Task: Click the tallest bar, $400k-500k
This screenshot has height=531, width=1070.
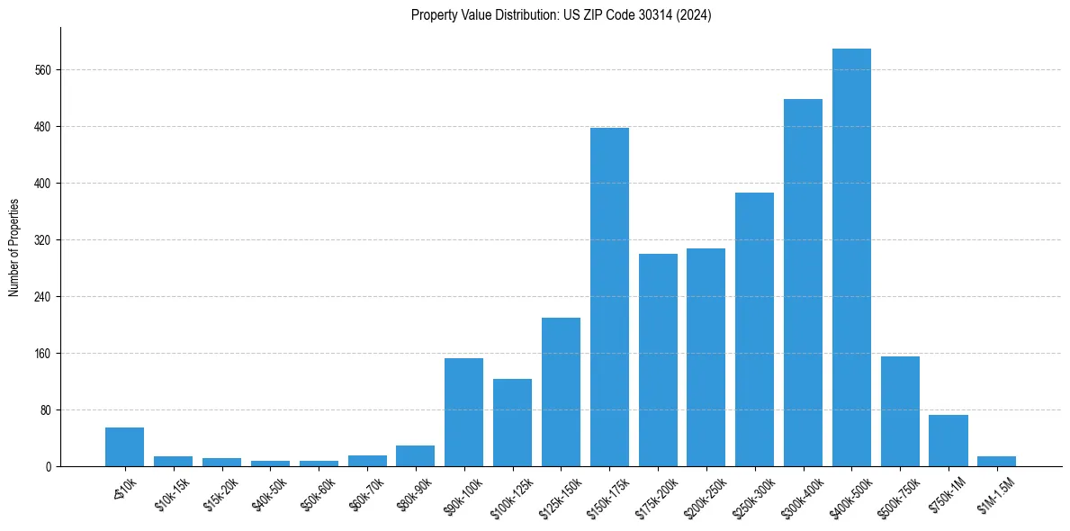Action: click(851, 257)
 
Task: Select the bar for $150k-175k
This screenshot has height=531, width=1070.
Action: click(609, 297)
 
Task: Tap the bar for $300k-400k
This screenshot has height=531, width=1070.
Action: click(803, 283)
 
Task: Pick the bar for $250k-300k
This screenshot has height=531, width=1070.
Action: click(754, 329)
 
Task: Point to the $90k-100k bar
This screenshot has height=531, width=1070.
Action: click(463, 412)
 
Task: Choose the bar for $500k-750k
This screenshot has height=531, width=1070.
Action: click(900, 411)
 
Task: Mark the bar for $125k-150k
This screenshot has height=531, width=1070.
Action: click(561, 391)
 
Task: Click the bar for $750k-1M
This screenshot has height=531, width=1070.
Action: click(948, 440)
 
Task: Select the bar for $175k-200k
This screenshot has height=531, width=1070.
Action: click(658, 360)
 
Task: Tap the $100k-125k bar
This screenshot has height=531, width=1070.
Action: click(512, 422)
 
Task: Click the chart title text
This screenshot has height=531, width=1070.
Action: click(561, 15)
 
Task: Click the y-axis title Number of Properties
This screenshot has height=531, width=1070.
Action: click(13, 247)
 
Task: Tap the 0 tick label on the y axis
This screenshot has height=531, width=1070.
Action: click(50, 467)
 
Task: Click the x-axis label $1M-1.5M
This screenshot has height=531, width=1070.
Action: click(994, 494)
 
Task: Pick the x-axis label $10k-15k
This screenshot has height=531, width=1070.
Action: click(172, 494)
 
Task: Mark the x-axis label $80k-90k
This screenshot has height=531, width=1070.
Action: click(414, 494)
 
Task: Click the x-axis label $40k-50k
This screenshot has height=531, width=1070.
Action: click(269, 494)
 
